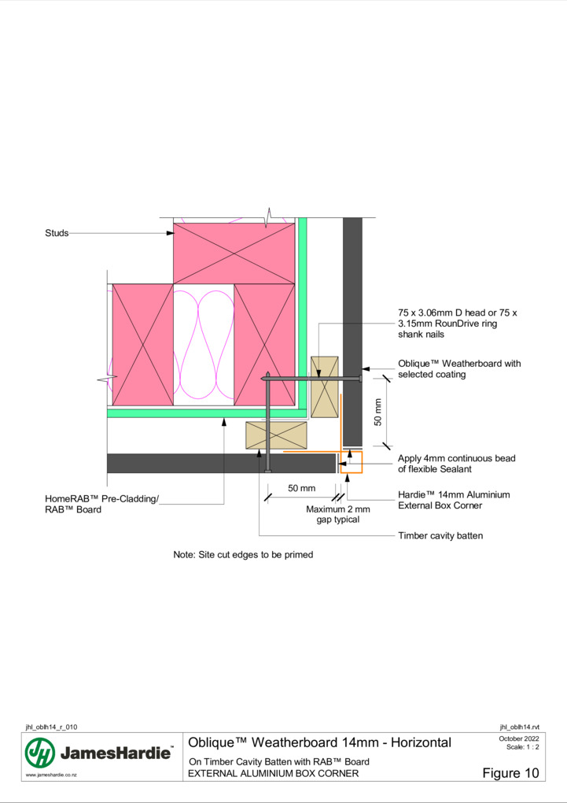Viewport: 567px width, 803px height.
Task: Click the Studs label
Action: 57,233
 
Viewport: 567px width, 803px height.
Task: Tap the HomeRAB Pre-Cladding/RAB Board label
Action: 101,504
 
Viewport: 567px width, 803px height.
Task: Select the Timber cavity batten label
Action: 440,535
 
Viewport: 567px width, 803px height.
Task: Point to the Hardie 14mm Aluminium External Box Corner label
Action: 454,500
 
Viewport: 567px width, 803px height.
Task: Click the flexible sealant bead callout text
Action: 456,464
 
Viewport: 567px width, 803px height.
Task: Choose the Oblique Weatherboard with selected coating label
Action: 459,368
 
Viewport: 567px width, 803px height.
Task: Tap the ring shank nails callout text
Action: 458,323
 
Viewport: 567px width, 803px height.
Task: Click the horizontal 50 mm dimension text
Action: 301,488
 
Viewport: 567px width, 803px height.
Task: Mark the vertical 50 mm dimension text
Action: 378,413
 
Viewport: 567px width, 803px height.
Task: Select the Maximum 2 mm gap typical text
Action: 337,514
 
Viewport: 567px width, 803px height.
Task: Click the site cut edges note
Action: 243,555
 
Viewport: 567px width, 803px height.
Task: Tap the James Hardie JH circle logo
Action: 40,753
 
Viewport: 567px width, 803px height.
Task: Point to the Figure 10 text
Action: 510,773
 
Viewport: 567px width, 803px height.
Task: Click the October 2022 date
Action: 519,738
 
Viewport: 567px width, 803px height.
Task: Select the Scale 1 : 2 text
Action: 522,746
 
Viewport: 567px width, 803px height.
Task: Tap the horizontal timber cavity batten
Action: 276,435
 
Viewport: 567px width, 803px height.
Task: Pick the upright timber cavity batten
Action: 325,387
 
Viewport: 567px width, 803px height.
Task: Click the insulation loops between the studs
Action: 204,344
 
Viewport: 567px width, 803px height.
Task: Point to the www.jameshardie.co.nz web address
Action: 51,775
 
